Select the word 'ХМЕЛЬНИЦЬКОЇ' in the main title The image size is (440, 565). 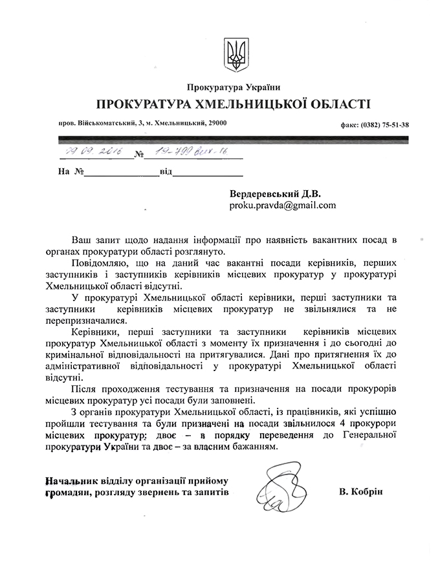(x=248, y=104)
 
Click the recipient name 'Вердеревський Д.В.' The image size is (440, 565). (x=275, y=193)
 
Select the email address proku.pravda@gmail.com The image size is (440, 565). (x=283, y=205)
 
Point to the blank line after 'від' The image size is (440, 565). (x=208, y=173)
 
